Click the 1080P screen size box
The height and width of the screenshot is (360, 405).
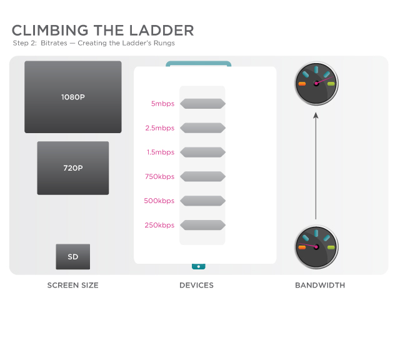(73, 97)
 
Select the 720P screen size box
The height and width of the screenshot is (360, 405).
(73, 168)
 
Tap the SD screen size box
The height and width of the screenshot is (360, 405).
(73, 256)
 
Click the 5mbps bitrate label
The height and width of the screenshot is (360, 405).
(162, 104)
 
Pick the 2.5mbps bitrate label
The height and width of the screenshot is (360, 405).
(159, 128)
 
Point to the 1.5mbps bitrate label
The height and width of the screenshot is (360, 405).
(161, 152)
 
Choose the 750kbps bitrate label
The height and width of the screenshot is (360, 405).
(159, 177)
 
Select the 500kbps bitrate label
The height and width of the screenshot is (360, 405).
(159, 201)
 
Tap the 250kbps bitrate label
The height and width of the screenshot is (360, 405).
(159, 225)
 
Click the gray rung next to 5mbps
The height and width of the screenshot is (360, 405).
(202, 104)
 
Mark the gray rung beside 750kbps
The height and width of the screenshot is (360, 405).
(202, 176)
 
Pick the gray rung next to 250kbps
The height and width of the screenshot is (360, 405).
(202, 225)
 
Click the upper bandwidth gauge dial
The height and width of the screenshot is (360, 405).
(316, 83)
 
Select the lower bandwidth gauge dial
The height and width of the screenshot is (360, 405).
(316, 247)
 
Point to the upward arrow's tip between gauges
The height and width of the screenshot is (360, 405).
(316, 112)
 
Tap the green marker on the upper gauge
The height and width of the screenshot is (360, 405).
(331, 84)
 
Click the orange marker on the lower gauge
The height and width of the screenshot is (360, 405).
(302, 247)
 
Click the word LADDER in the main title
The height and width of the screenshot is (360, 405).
(161, 31)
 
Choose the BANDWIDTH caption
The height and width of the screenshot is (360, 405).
(320, 285)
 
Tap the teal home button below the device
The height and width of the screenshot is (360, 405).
(198, 266)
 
